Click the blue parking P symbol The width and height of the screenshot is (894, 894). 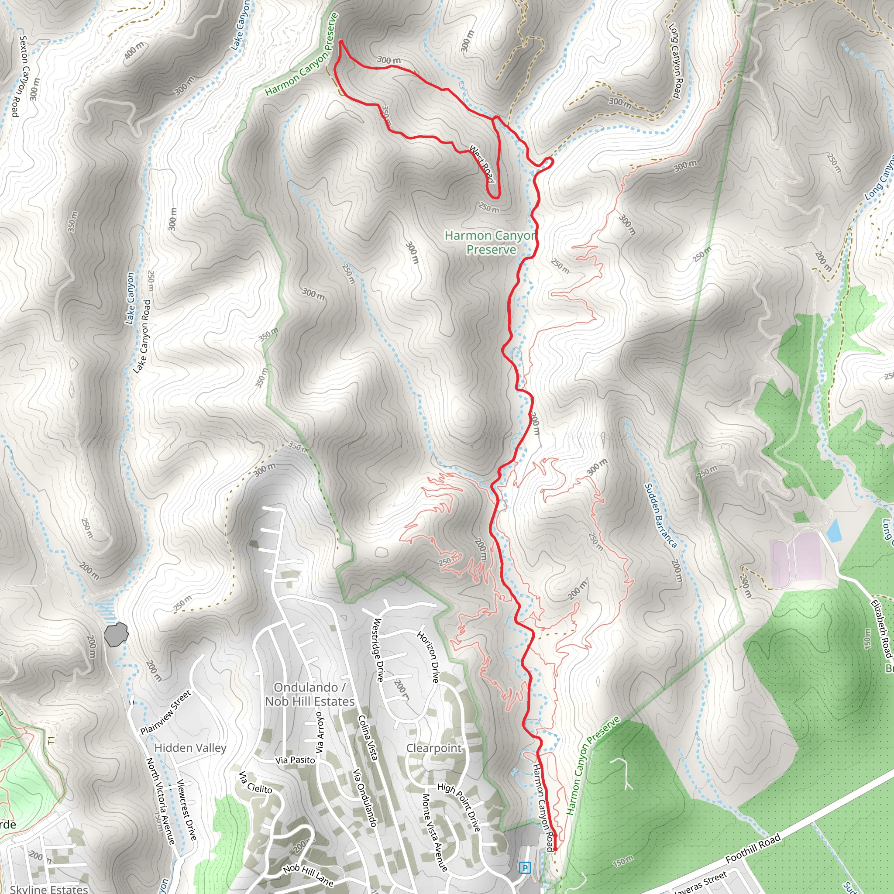pos(525,868)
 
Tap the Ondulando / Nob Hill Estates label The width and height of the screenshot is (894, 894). pos(309,695)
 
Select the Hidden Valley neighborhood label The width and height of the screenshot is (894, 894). pos(190,748)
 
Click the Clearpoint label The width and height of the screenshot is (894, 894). pos(433,748)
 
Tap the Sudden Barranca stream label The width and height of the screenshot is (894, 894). pos(660,516)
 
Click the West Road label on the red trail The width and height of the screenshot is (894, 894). pos(482,163)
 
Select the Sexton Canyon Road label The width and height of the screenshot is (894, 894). pos(20,76)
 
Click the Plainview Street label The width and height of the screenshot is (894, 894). pos(165,712)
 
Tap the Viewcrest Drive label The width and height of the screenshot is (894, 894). pos(187,810)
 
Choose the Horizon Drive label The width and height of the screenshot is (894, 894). pos(428,657)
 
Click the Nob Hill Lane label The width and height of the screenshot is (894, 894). pos(308,875)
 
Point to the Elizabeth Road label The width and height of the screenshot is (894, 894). pos(880,629)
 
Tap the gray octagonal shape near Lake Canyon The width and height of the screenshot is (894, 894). pos(116,634)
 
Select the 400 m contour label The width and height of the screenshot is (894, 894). pos(134,49)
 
